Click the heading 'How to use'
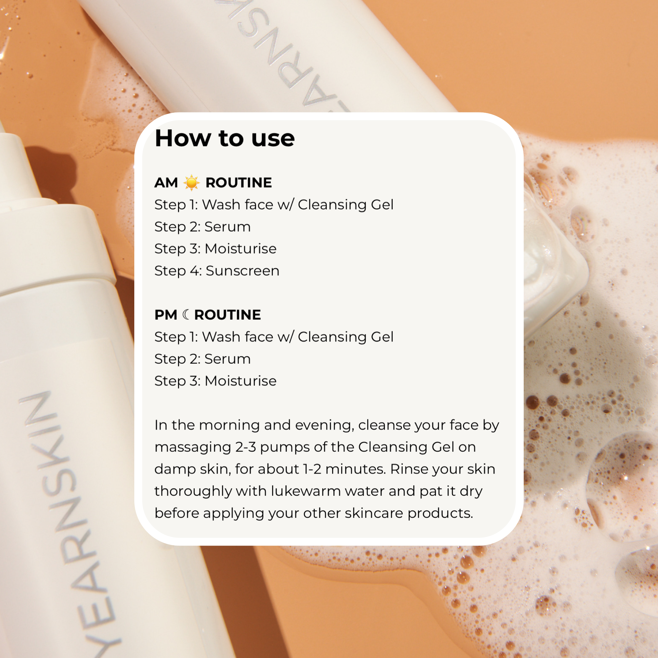[x=225, y=138]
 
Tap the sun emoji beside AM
[x=191, y=182]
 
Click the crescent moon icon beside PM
[x=186, y=314]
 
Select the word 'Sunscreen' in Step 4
[x=243, y=271]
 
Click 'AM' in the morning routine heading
[x=166, y=182]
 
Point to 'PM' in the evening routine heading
[x=166, y=315]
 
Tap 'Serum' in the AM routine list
[x=227, y=227]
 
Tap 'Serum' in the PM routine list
[x=227, y=359]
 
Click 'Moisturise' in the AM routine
[x=240, y=249]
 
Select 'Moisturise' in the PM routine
[x=240, y=381]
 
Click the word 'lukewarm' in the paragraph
[x=306, y=491]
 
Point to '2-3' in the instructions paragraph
[x=245, y=447]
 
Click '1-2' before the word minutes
[x=312, y=469]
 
